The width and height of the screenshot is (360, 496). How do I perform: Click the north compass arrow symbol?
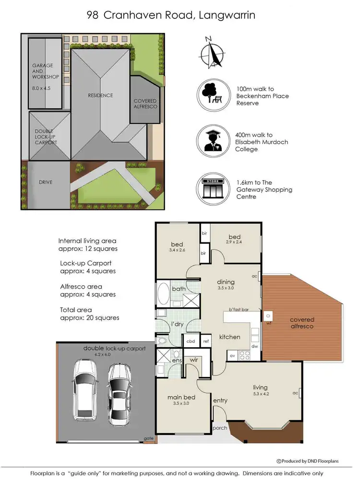pos(213,53)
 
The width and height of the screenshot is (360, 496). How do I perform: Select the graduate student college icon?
pos(212,141)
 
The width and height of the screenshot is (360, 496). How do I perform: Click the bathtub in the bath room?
pos(163,295)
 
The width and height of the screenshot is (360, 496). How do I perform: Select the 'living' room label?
pos(260,387)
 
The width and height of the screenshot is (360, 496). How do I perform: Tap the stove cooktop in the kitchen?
pos(244,356)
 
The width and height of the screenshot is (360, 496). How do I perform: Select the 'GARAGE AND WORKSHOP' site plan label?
pos(46,71)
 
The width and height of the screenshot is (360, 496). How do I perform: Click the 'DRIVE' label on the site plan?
pos(46,182)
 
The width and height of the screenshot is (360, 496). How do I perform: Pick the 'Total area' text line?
pos(76,310)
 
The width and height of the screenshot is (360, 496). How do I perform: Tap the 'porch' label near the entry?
pos(220,428)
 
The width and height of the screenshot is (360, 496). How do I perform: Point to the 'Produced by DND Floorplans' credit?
pos(308,461)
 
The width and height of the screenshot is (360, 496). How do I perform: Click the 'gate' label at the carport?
pos(148,438)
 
